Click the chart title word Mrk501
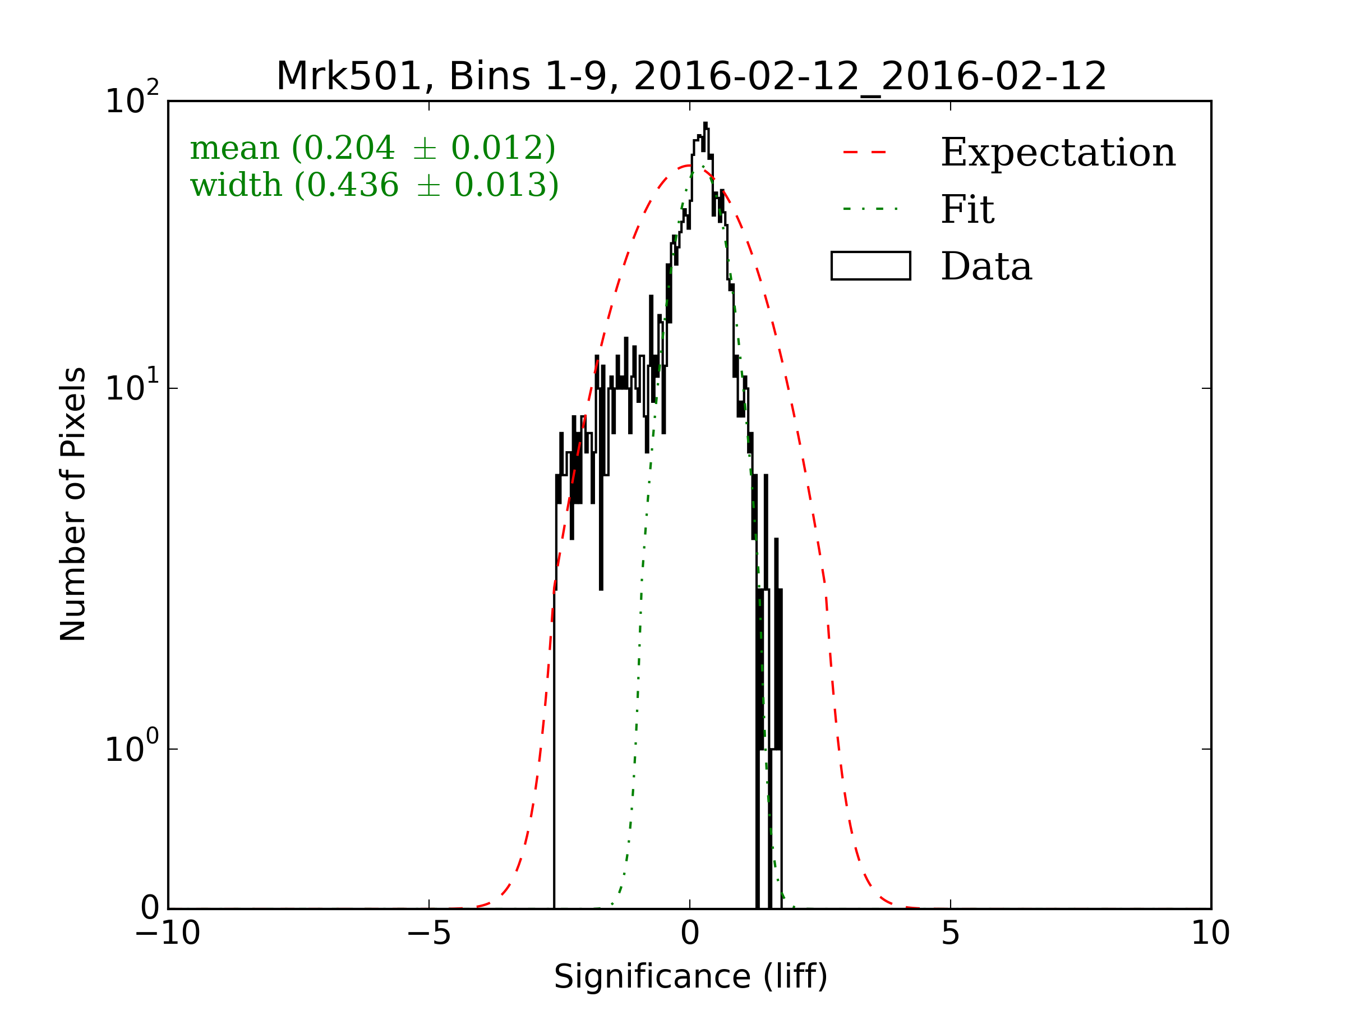tap(349, 77)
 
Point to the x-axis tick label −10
tap(167, 933)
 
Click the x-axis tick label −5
tap(428, 933)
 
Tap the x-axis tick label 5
tap(951, 933)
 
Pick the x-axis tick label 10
tap(1210, 933)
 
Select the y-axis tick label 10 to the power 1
tap(132, 388)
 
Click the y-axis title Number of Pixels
tap(73, 504)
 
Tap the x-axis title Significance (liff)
tap(690, 977)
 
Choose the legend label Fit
tap(967, 209)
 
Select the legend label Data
tap(987, 267)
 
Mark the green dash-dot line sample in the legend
tap(870, 209)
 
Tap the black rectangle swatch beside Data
tap(871, 266)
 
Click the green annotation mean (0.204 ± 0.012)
tap(372, 148)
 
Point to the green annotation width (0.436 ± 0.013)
tap(374, 185)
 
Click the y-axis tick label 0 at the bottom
tap(150, 908)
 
